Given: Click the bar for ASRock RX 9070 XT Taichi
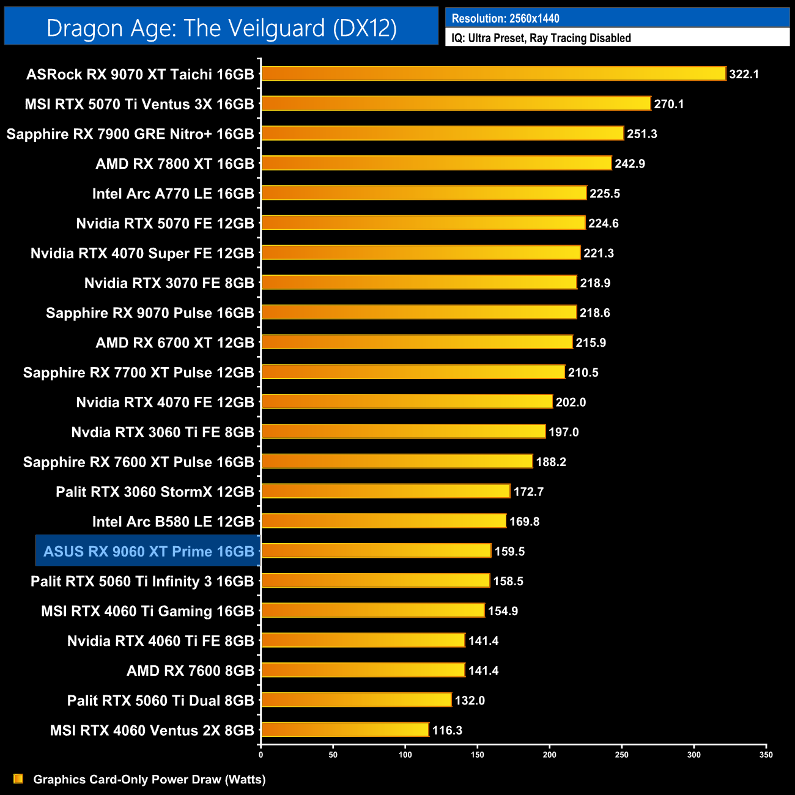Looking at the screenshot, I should point(493,74).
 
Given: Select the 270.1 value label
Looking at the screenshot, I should point(668,104).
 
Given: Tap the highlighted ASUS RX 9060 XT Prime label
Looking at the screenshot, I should point(149,552).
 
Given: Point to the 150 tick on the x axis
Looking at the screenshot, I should point(478,755).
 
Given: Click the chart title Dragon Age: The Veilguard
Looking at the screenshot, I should point(221,28).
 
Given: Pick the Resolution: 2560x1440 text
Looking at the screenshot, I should point(505,18).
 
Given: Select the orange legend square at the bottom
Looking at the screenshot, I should point(18,778).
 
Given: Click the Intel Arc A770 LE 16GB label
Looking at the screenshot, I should point(172,194).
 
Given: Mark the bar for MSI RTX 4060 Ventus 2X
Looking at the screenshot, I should point(345,730).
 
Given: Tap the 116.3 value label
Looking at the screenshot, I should point(447,730).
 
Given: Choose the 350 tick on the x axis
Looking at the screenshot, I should point(766,755).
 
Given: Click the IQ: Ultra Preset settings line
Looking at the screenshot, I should point(541,38).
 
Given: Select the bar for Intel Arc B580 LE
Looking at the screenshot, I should point(383,521).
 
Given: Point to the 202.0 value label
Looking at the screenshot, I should point(570,402).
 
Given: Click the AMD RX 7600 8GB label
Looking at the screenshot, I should point(190,671).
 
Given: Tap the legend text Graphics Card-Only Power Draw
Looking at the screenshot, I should point(149,779).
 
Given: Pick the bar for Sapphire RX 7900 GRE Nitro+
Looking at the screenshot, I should point(442,133).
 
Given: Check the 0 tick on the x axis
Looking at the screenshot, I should point(261,755).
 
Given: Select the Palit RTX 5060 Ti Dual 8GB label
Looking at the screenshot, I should point(160,701).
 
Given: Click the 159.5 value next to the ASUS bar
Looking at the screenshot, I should point(509,552).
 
